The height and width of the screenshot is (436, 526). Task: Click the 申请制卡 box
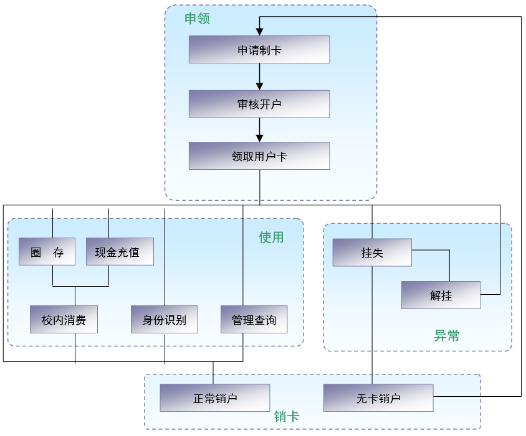pyautogui.click(x=259, y=50)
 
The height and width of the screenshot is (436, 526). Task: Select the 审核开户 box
pyautogui.click(x=259, y=104)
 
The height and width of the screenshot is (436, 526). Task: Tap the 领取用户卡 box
pyautogui.click(x=259, y=156)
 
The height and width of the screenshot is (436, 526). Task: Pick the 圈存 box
pyautogui.click(x=47, y=252)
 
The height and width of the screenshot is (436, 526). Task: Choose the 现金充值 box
pyautogui.click(x=119, y=252)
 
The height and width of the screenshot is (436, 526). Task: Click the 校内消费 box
pyautogui.click(x=64, y=320)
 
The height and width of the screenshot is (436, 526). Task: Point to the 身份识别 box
pyautogui.click(x=165, y=320)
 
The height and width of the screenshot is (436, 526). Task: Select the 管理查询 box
pyautogui.click(x=254, y=320)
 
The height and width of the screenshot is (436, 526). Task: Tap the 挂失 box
pyautogui.click(x=372, y=253)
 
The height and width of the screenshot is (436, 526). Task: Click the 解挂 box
pyautogui.click(x=441, y=295)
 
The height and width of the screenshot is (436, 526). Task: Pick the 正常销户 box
pyautogui.click(x=214, y=398)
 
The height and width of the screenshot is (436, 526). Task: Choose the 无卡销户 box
pyautogui.click(x=378, y=398)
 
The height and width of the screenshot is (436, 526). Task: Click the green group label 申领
pyautogui.click(x=197, y=19)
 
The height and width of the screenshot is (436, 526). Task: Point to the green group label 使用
pyautogui.click(x=271, y=237)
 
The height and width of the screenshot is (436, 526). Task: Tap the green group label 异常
pyautogui.click(x=446, y=336)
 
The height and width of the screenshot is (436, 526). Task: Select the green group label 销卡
pyautogui.click(x=287, y=417)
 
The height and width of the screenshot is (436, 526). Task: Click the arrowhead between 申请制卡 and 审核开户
pyautogui.click(x=259, y=86)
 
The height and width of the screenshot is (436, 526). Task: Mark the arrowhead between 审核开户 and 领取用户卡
pyautogui.click(x=259, y=137)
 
